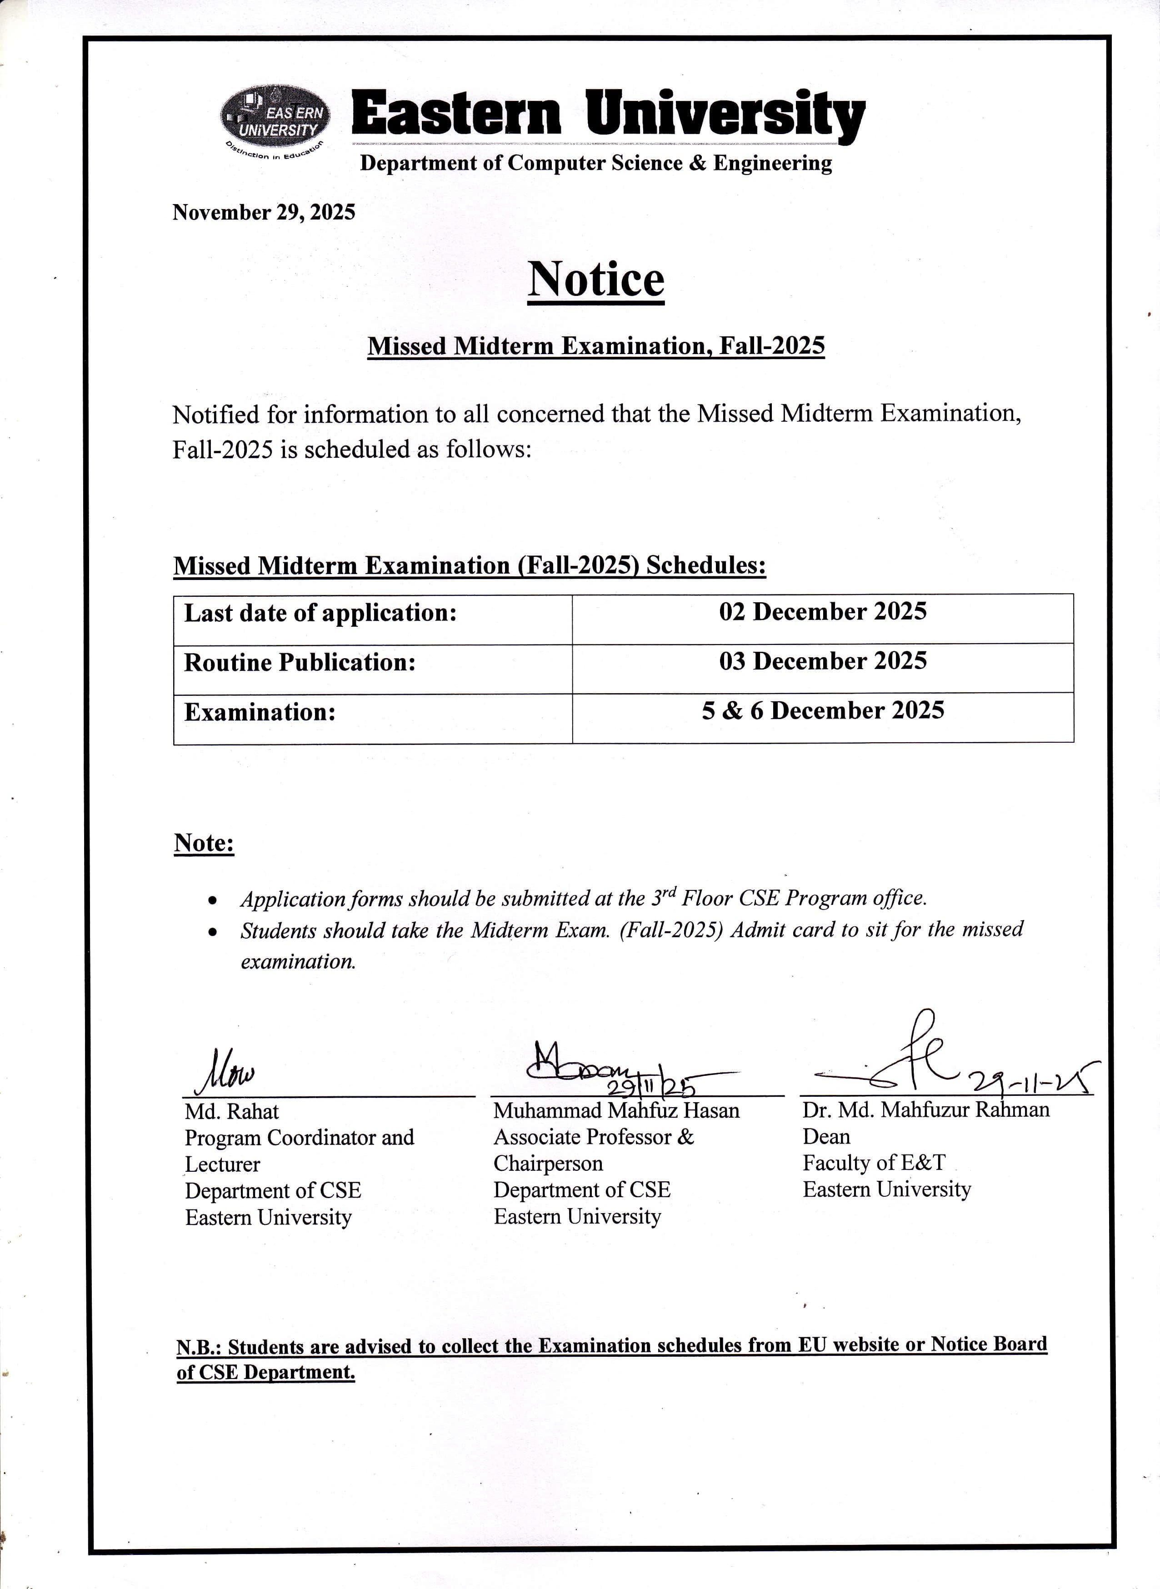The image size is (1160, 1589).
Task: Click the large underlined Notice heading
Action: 595,280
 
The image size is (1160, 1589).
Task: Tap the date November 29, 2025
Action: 263,212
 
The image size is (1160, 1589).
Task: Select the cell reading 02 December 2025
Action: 822,612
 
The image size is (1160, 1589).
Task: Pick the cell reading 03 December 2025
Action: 822,661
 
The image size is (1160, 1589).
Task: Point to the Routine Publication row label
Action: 300,663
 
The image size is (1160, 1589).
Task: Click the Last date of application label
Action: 320,613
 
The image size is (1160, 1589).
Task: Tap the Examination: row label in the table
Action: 260,713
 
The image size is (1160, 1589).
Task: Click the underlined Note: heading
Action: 204,843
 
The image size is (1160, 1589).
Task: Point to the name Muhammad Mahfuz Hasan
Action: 616,1111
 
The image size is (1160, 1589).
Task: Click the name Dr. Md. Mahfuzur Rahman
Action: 925,1110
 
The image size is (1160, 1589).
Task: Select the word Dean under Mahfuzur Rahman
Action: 826,1137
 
